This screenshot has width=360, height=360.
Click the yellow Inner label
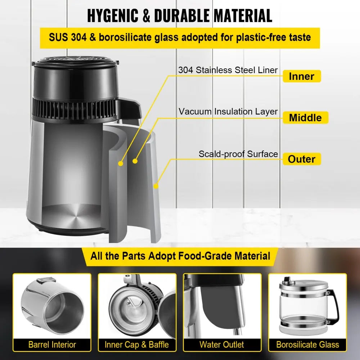pos(302,76)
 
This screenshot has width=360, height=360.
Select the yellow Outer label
pos(302,159)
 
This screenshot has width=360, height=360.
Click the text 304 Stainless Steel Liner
pos(228,70)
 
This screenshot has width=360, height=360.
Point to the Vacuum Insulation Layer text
pos(228,112)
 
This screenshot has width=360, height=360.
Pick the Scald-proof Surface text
pos(238,154)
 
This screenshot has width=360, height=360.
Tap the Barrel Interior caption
pos(52,345)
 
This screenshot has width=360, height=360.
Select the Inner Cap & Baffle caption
pos(137,345)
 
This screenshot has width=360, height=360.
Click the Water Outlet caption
pos(222,345)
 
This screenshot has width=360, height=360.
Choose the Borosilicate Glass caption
pos(307,345)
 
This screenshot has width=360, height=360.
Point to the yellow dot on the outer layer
pos(156,186)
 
